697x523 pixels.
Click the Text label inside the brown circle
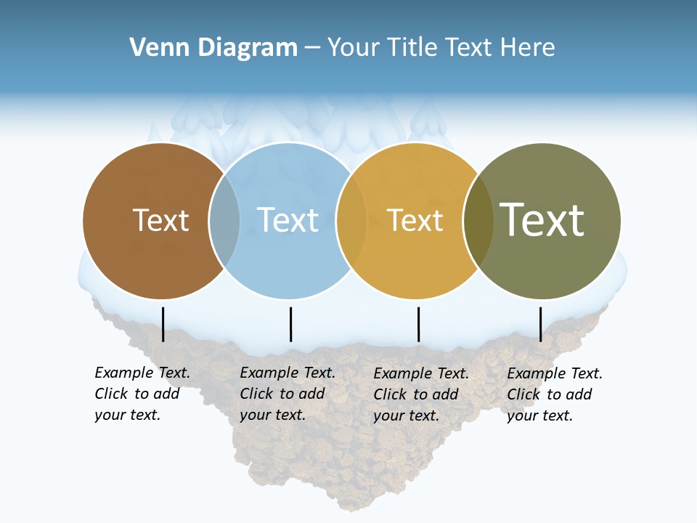coord(160,220)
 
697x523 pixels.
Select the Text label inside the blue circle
coord(288,220)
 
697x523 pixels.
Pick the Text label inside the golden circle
coord(415,220)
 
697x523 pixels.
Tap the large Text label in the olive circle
coord(542,220)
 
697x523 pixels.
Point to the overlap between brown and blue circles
coord(224,220)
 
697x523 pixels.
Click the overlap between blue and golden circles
coord(351,220)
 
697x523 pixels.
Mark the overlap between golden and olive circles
coord(478,220)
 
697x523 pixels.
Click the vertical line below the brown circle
coord(163,324)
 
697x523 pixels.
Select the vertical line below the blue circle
coord(290,324)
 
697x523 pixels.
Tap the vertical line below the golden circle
coord(418,324)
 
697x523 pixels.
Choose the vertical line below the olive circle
coord(540,324)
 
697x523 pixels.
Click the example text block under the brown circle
coord(142,394)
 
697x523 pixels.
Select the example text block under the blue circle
coord(287,394)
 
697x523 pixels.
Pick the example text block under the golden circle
coord(420,394)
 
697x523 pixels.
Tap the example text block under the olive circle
coord(554,394)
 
